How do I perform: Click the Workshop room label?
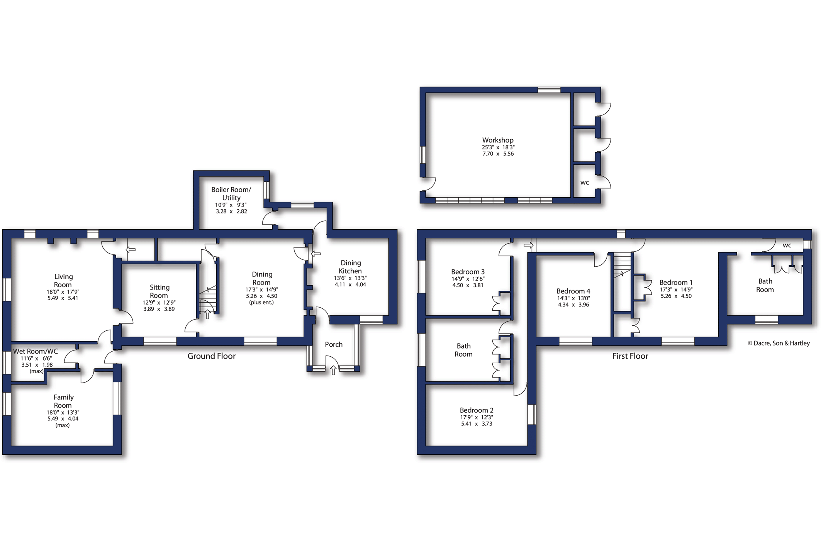coord(498,140)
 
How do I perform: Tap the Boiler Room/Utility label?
coord(231,193)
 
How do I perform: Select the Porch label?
coord(334,344)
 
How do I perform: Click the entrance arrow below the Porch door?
coord(333,371)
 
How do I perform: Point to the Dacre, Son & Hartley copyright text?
coord(779,343)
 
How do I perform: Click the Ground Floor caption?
coord(212,356)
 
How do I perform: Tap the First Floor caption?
coord(630,356)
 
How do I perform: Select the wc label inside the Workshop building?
coord(585,183)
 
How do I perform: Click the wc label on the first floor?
coord(787,245)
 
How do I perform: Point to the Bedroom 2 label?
coord(477,410)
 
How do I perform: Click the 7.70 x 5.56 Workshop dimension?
coord(498,154)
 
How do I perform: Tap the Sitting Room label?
coord(159,291)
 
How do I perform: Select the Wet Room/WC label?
coord(36,351)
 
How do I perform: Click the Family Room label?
coord(63,401)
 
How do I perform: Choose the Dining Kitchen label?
coord(350,267)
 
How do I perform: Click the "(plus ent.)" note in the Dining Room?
coord(261,302)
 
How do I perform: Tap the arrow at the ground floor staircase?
coord(208,314)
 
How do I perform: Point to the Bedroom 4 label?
coord(573,291)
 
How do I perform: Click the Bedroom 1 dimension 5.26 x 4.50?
coord(676,296)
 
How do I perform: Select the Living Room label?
coord(63,281)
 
